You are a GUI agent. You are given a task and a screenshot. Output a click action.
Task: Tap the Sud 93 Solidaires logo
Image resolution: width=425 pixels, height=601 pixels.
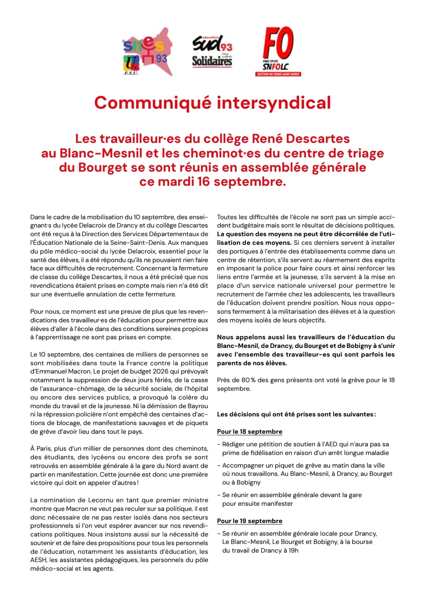212,52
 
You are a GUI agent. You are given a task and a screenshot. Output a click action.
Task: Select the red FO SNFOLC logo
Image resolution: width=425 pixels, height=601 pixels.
278,51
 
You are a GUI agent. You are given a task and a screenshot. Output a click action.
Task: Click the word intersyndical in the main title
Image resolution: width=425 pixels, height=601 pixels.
273,103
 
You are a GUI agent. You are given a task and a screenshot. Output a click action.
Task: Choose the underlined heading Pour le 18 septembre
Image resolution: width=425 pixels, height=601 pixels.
249,432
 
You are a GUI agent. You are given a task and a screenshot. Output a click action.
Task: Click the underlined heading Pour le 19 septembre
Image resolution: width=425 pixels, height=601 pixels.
249,521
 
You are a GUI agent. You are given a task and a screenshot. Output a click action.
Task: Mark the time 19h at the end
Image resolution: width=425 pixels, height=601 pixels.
293,551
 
